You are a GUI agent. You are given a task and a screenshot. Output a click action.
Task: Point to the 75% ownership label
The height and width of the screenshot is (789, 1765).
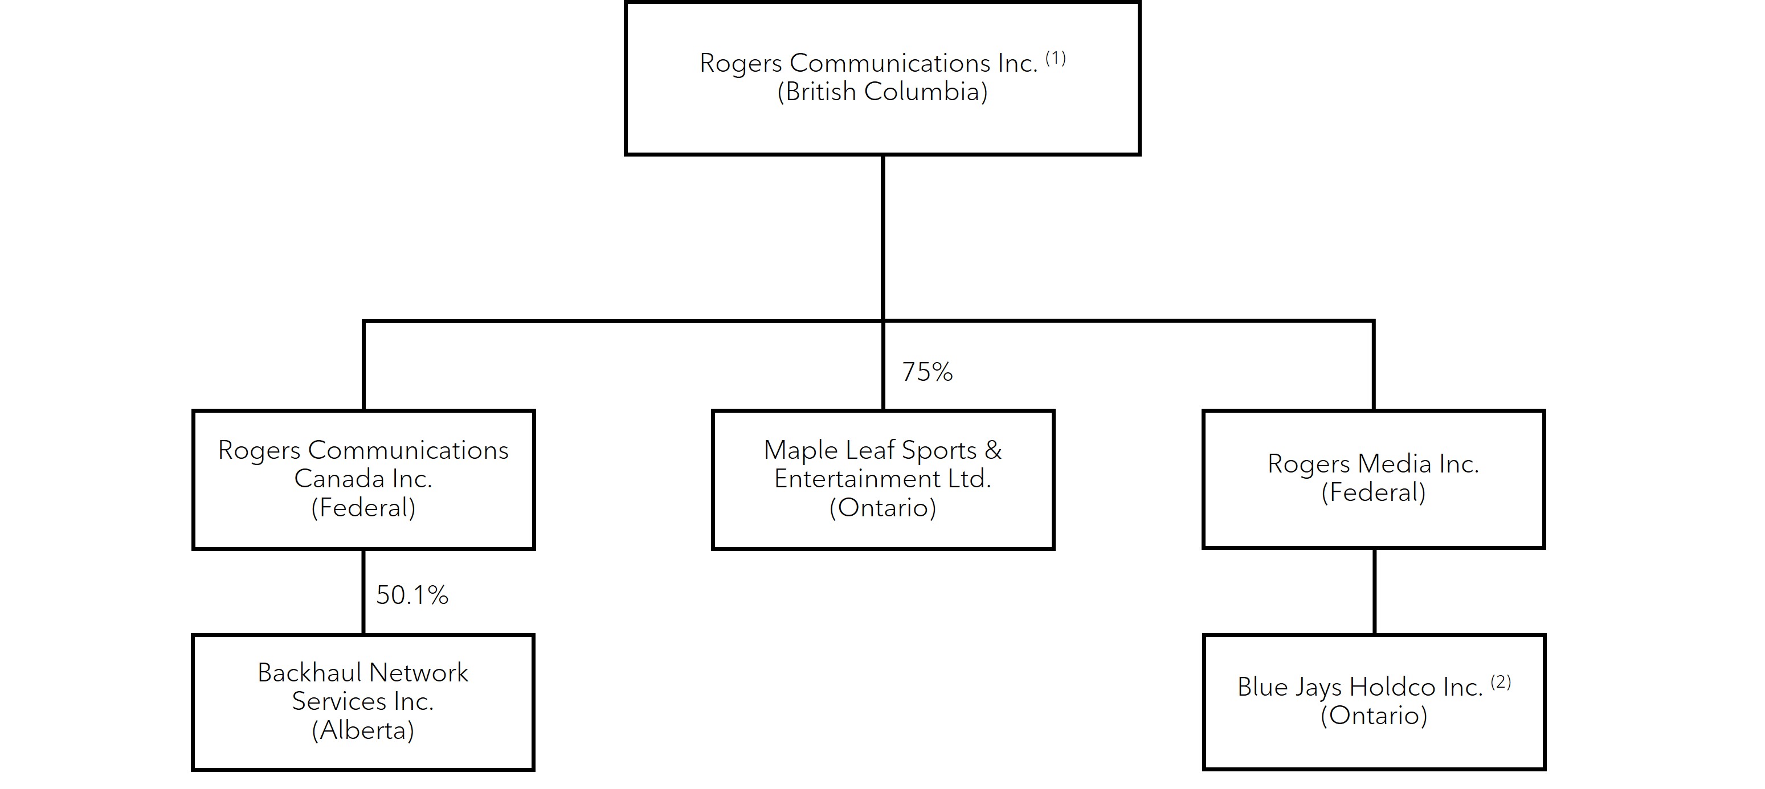click(x=927, y=372)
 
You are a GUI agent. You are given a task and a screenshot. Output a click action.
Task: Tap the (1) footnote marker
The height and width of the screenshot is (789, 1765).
click(x=1055, y=58)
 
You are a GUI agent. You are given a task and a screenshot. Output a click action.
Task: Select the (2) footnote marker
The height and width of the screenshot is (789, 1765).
click(x=1501, y=682)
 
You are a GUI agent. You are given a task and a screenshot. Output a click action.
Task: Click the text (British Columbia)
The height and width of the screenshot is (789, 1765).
click(x=882, y=92)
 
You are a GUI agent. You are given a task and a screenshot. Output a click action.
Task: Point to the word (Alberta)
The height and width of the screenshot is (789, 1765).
click(x=363, y=731)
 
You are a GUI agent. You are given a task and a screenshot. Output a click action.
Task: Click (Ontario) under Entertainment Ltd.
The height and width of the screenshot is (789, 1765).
click(x=882, y=508)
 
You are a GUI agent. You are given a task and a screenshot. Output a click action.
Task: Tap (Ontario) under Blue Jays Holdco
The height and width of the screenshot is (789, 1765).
click(x=1374, y=716)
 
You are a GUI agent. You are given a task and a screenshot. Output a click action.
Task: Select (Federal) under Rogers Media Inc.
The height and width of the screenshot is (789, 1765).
click(x=1373, y=492)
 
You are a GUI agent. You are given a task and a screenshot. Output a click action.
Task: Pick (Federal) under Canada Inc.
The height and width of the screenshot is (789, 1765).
click(x=363, y=508)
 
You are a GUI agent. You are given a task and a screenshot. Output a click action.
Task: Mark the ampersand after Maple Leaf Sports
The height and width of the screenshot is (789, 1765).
click(x=993, y=450)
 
